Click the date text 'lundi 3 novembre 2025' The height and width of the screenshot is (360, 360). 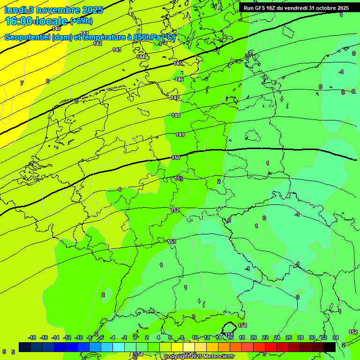click(x=53, y=10)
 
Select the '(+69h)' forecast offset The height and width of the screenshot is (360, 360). click(x=81, y=21)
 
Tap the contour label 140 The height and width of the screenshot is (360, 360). click(x=56, y=29)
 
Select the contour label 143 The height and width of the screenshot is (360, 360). click(x=117, y=50)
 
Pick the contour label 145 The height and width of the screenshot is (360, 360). click(x=178, y=63)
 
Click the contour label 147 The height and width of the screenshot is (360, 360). click(x=175, y=97)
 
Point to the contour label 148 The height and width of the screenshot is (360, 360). click(x=176, y=115)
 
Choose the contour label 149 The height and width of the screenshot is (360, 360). click(x=180, y=135)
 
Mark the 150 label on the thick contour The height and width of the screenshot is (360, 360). click(x=176, y=158)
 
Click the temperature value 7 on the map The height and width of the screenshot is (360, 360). click(x=22, y=83)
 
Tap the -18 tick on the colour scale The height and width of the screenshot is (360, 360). click(x=32, y=337)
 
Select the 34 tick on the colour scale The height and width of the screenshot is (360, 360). click(x=335, y=337)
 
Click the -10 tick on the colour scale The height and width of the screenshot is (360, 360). click(x=79, y=337)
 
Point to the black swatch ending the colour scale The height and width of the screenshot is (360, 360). click(x=330, y=347)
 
